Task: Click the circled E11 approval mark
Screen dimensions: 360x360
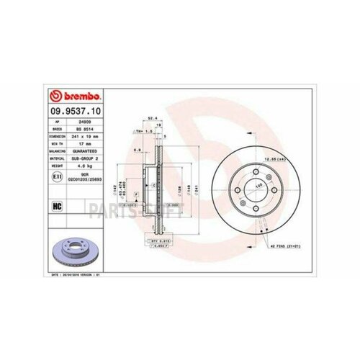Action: (x=57, y=174)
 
